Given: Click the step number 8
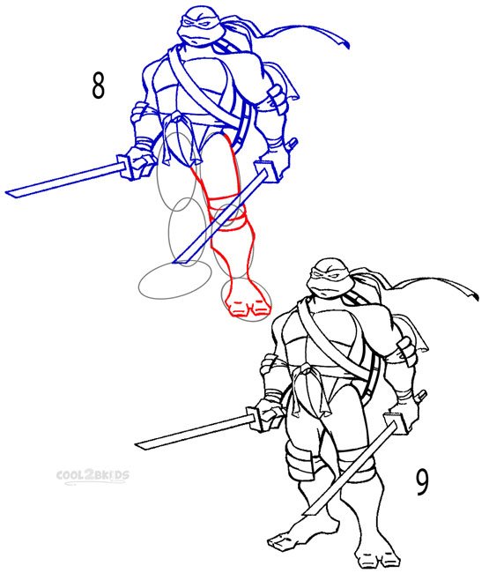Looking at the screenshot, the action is [98, 86].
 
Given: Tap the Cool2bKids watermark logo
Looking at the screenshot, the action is [93, 477].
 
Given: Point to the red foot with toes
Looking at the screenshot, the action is [248, 300].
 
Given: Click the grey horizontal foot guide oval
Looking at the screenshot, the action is [175, 280].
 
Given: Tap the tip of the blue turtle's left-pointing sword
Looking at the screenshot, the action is [6, 192].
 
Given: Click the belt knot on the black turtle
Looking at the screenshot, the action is [305, 371].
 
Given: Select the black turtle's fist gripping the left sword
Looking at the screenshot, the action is [269, 413].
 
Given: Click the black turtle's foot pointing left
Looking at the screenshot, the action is [288, 539].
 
